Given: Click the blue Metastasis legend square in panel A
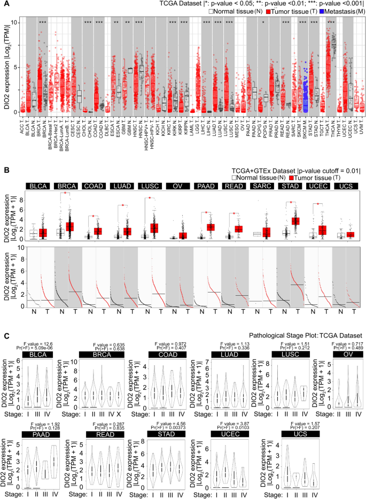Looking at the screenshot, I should point(313,12).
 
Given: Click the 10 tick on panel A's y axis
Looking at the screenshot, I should point(14,22).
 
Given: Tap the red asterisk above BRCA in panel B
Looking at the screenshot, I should point(66,193).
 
